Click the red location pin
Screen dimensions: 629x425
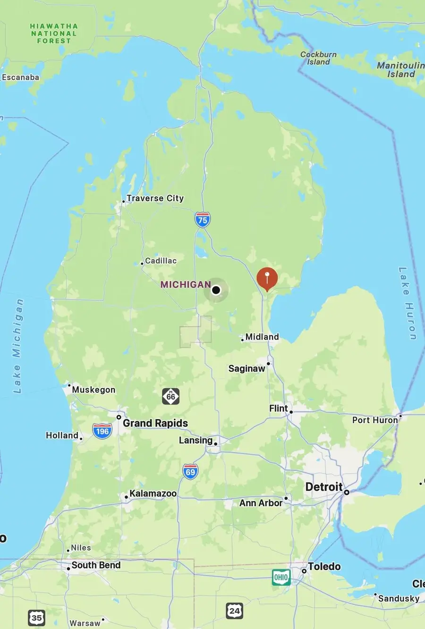pos(267,278)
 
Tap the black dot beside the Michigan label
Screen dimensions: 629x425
pos(216,290)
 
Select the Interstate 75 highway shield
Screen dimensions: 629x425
pos(203,220)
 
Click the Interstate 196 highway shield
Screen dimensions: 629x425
pos(102,431)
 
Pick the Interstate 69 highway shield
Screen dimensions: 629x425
pos(190,472)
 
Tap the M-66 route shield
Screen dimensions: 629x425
pos(171,396)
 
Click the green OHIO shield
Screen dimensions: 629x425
pos(281,577)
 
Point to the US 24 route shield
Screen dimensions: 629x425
pos(234,611)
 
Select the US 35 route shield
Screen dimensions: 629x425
pos(36,617)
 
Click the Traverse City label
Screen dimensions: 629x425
pos(155,198)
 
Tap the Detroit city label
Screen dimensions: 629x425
pos(324,487)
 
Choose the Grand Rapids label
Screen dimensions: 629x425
pos(155,423)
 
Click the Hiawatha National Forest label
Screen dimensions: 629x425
pos(54,34)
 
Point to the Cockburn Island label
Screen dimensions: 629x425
pos(319,58)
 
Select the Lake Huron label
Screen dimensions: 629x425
pos(408,303)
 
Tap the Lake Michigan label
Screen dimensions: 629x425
pos(17,346)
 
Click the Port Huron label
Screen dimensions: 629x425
pos(375,420)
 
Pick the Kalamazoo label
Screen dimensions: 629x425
pos(153,493)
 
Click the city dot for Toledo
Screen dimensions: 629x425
pos(304,571)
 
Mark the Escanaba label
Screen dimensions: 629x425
pos(21,77)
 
